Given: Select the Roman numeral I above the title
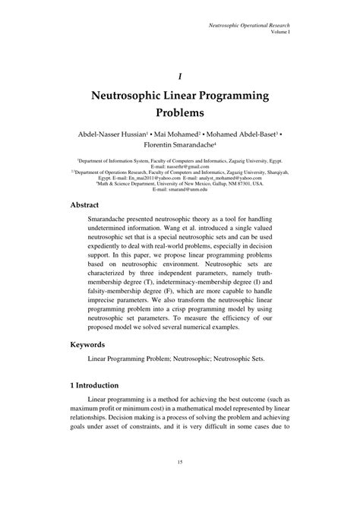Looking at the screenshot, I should pos(180,75).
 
